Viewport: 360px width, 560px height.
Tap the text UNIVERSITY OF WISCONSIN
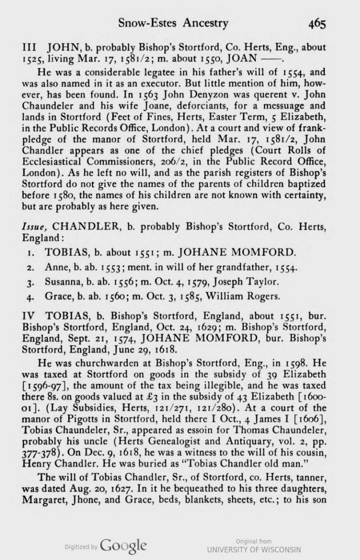(x=253, y=549)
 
